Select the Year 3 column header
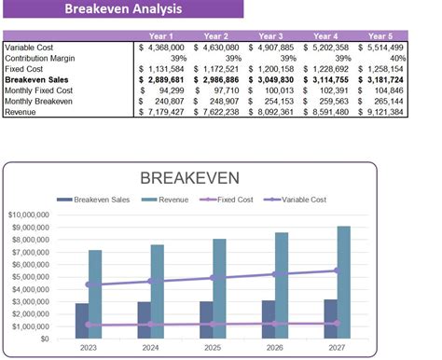pos(270,35)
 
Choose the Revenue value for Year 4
pos(326,112)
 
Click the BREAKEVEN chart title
pos(189,178)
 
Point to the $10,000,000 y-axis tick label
pos(32,215)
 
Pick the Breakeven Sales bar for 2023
pos(82,321)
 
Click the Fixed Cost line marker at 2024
pos(149,325)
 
